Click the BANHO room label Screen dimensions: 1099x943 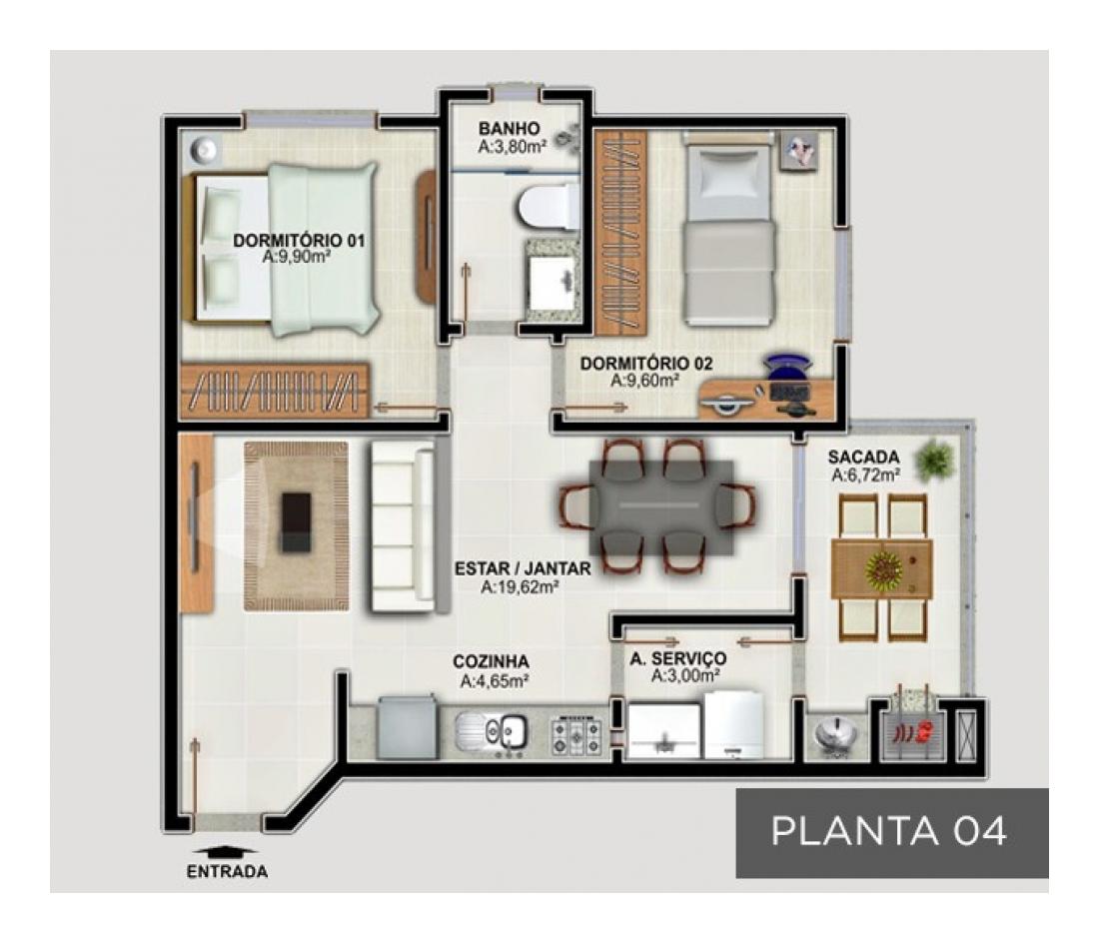click(x=510, y=129)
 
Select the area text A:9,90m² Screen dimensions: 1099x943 click(x=297, y=257)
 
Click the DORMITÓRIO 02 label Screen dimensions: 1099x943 click(x=646, y=364)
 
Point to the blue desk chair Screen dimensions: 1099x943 click(x=789, y=365)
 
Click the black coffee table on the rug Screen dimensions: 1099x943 click(x=295, y=521)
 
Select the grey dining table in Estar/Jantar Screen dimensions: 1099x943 click(x=661, y=507)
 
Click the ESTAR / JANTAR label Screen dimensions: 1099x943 click(x=523, y=568)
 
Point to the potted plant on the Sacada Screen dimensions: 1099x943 click(x=936, y=461)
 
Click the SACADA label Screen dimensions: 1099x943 click(x=863, y=458)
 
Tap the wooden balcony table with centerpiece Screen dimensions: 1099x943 click(x=882, y=568)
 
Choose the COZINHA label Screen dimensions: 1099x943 click(x=491, y=662)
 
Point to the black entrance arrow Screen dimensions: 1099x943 click(x=226, y=852)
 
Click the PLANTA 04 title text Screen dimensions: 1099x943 click(x=889, y=831)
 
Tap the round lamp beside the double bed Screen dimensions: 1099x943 click(x=206, y=149)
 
